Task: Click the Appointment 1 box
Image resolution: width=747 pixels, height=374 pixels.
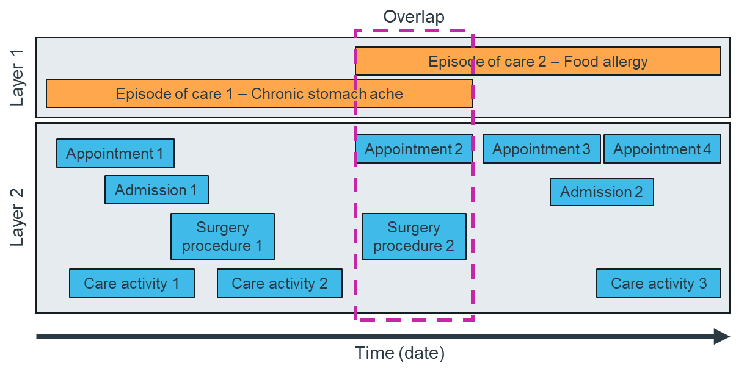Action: pos(115,153)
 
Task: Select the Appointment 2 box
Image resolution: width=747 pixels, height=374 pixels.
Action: pos(414,149)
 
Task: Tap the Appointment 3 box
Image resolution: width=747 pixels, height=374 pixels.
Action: pos(541,149)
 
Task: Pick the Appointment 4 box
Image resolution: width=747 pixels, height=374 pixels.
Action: pos(662,149)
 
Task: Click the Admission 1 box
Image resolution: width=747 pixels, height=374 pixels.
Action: pos(156,190)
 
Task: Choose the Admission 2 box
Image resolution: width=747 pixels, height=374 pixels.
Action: pos(602,192)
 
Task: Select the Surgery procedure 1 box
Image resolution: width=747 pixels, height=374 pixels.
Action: pos(222,236)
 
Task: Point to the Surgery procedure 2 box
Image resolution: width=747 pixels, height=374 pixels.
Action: pos(414,236)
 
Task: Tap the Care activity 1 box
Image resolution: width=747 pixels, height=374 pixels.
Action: pos(132,283)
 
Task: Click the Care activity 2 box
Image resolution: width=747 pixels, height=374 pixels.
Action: pos(280,283)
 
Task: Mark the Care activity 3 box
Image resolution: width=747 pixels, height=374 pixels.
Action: pos(658,283)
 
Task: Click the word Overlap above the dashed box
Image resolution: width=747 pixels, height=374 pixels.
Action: pos(414,16)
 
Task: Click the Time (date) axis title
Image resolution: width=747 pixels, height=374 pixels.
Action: pos(400,353)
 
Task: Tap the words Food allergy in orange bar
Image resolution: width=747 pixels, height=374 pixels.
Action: pos(605,61)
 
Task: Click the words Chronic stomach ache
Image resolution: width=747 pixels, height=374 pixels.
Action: pos(327,93)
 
